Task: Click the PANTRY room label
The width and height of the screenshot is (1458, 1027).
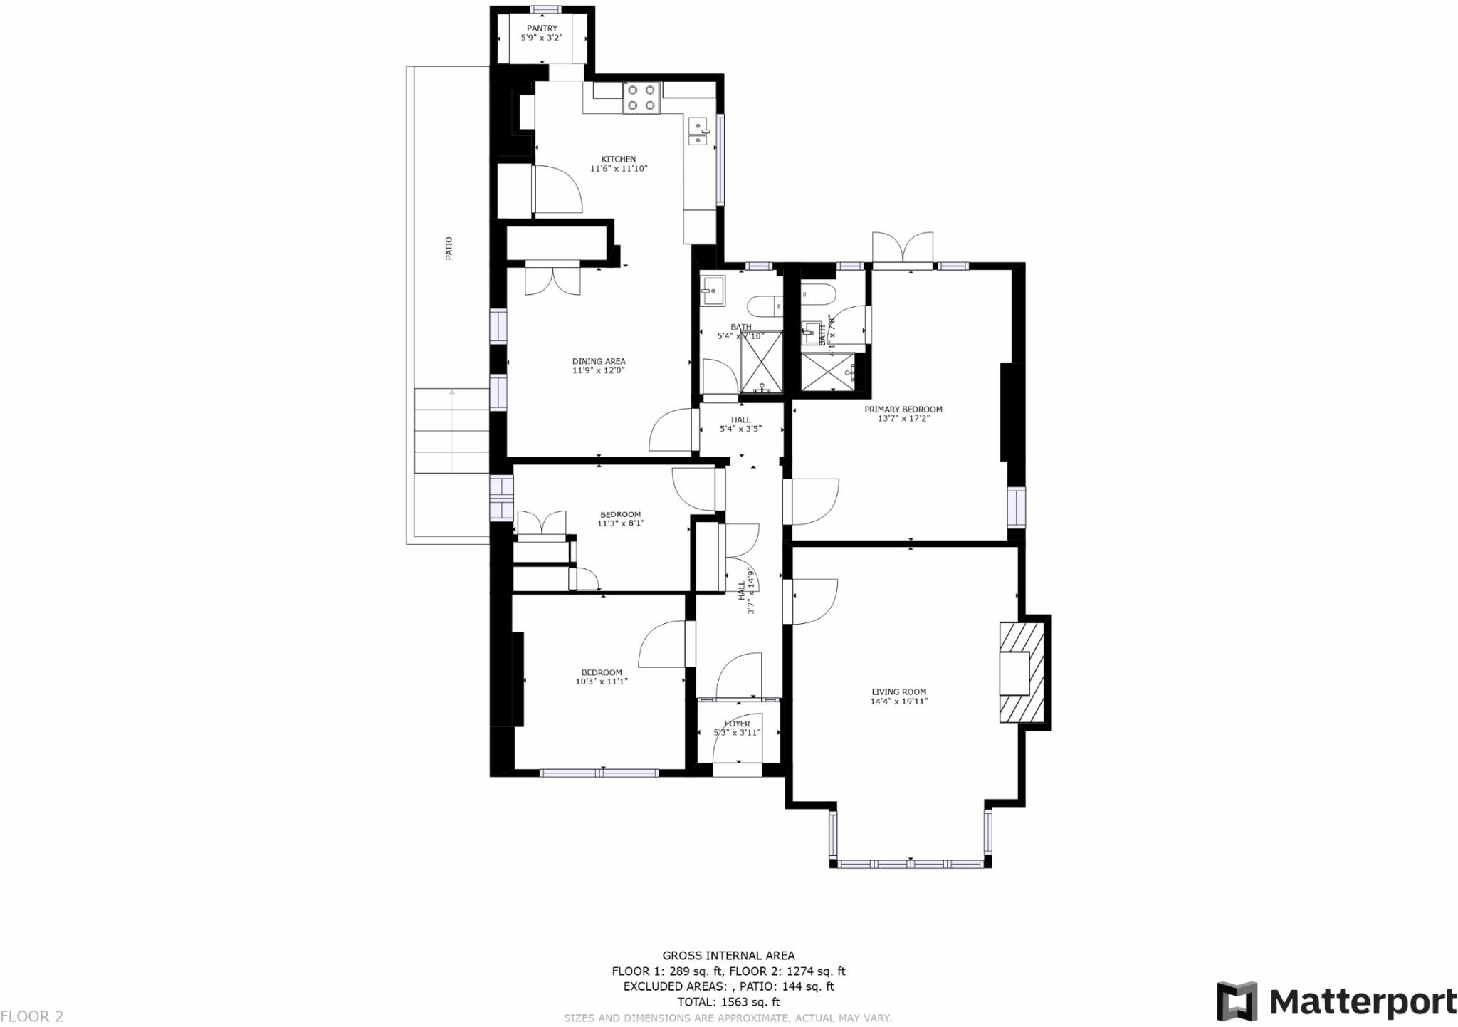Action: pyautogui.click(x=542, y=28)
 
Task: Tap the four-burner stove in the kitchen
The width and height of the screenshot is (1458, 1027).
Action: pyautogui.click(x=641, y=98)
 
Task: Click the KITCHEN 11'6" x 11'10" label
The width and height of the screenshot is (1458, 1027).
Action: pyautogui.click(x=619, y=164)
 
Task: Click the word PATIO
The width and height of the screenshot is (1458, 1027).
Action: pyautogui.click(x=449, y=248)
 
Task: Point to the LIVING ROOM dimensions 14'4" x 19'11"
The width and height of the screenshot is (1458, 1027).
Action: pyautogui.click(x=898, y=702)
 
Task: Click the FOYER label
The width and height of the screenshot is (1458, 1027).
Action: pyautogui.click(x=737, y=724)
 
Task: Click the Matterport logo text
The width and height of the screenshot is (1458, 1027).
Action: pyautogui.click(x=1363, y=1002)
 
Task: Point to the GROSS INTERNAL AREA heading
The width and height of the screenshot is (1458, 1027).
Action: pyautogui.click(x=728, y=956)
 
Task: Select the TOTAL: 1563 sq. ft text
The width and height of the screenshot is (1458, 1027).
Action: pyautogui.click(x=728, y=1002)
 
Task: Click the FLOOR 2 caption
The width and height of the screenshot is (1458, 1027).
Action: pyautogui.click(x=32, y=1016)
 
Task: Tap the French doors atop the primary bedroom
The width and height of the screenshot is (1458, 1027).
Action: pyautogui.click(x=903, y=249)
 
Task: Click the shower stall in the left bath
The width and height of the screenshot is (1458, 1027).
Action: pyautogui.click(x=761, y=362)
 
